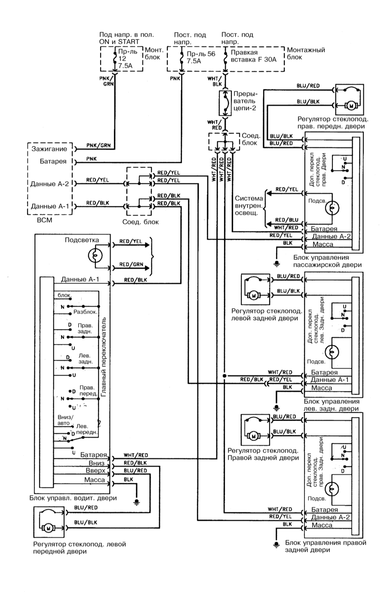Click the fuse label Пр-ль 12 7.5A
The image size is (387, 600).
click(128, 59)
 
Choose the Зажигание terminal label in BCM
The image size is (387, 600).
click(49, 149)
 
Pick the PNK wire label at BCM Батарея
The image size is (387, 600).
click(92, 159)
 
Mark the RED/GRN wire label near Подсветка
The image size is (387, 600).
click(131, 264)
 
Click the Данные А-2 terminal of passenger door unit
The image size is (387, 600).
click(331, 237)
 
